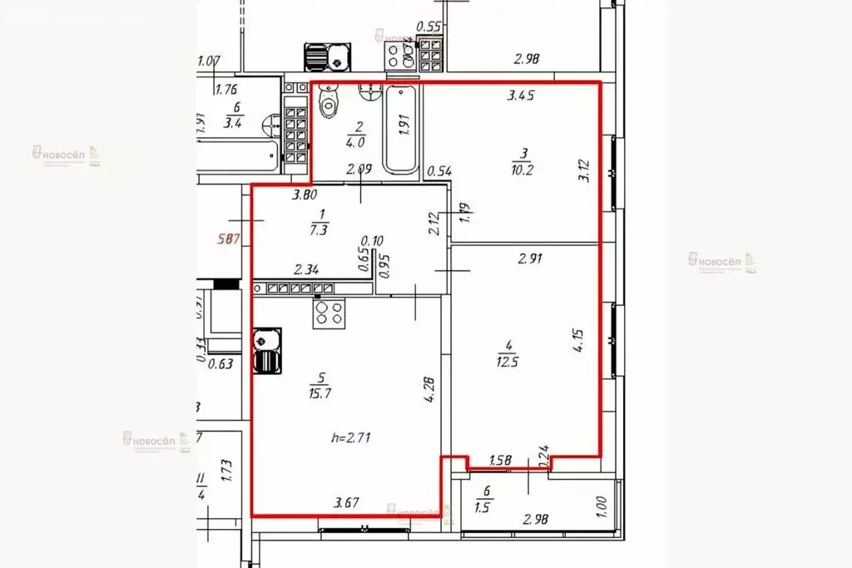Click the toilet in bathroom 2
(330, 103)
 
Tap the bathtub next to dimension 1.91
(401, 129)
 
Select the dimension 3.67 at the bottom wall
(347, 501)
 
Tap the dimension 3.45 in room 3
(521, 96)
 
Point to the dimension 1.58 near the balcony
(501, 460)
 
